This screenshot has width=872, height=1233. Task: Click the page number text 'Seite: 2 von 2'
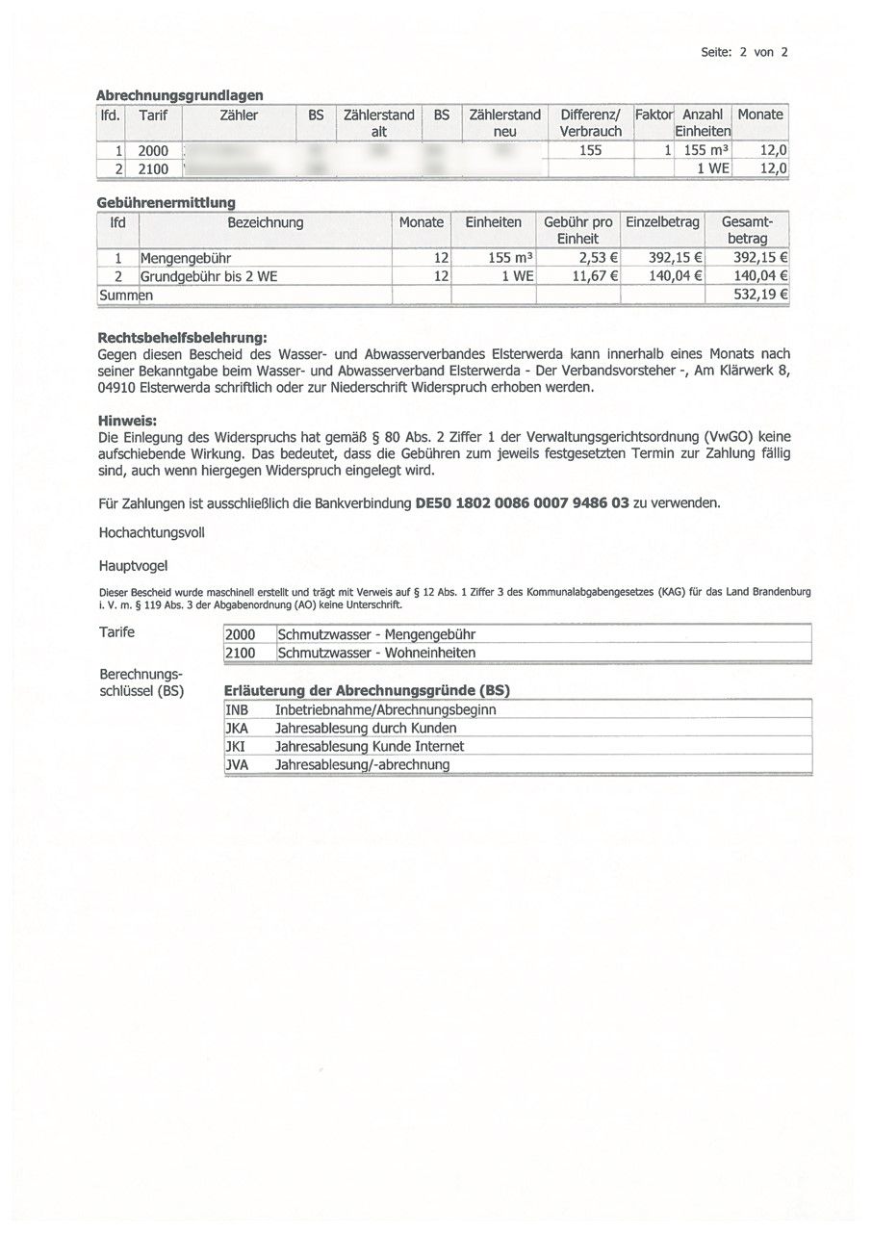pyautogui.click(x=744, y=52)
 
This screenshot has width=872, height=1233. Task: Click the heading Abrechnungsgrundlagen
pyautogui.click(x=180, y=94)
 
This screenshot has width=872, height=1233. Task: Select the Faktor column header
pyautogui.click(x=654, y=115)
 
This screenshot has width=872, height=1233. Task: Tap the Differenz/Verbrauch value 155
pyautogui.click(x=590, y=150)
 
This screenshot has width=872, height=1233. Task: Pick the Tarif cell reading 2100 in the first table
pyautogui.click(x=153, y=168)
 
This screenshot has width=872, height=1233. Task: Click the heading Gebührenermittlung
pyautogui.click(x=167, y=203)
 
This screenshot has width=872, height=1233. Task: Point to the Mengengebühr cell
pyautogui.click(x=186, y=258)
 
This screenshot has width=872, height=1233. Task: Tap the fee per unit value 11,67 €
pyautogui.click(x=594, y=276)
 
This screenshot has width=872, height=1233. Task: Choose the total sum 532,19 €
pyautogui.click(x=760, y=295)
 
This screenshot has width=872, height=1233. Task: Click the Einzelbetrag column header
pyautogui.click(x=662, y=222)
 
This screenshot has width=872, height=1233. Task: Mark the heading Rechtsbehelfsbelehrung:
pyautogui.click(x=182, y=339)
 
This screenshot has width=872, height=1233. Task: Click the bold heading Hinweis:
pyautogui.click(x=127, y=421)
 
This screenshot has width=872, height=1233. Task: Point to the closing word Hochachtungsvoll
pyautogui.click(x=151, y=532)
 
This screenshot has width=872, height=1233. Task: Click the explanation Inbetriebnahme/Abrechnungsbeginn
pyautogui.click(x=385, y=709)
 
